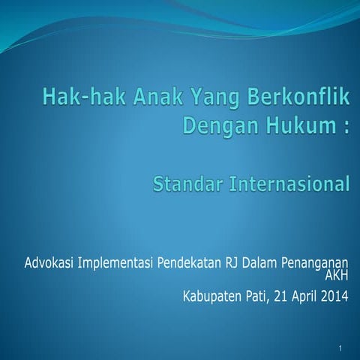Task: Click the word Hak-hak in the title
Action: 77,97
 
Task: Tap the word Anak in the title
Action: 144,97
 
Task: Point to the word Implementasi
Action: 114,263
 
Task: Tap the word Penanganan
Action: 314,263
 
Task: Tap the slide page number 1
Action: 340,349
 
